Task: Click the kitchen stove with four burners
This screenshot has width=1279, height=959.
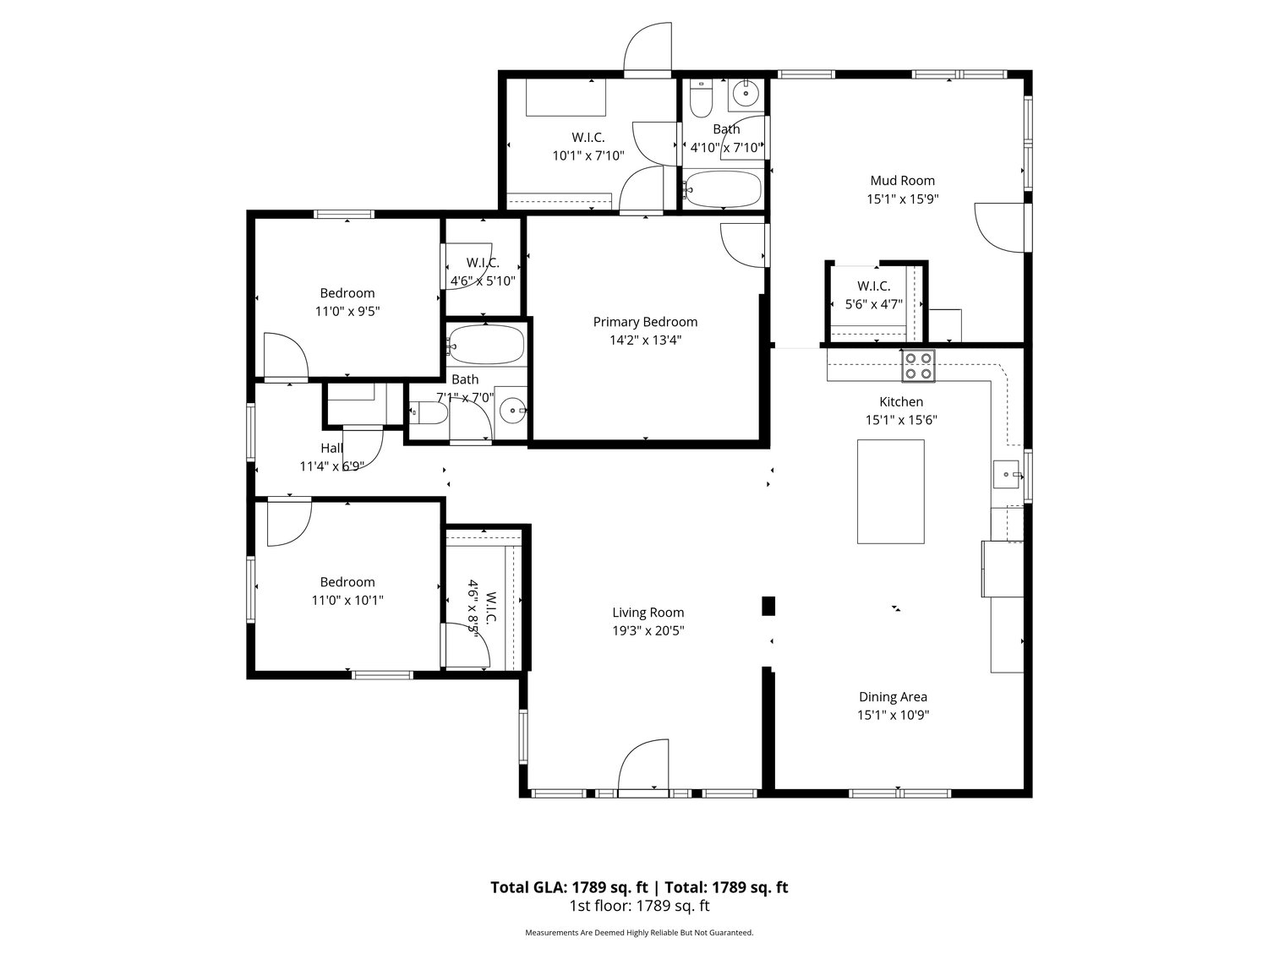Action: click(918, 365)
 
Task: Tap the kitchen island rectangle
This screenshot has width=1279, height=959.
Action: click(890, 491)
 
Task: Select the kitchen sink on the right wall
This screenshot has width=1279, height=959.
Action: click(1006, 475)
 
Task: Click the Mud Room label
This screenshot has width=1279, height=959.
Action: click(902, 180)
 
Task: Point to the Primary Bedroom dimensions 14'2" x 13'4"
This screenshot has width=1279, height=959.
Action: click(644, 341)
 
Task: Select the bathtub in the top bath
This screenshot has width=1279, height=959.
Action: click(723, 189)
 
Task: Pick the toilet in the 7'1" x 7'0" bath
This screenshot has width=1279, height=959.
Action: click(429, 413)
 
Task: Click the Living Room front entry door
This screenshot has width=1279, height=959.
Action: click(644, 767)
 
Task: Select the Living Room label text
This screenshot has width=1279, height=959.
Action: click(648, 613)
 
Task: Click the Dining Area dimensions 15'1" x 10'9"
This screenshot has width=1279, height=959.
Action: click(893, 715)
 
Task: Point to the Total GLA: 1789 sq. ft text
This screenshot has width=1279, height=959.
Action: click(569, 887)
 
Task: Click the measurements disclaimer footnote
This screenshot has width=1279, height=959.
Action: click(639, 933)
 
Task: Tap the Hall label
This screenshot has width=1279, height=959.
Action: click(331, 448)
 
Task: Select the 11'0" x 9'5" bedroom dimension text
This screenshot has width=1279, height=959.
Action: click(347, 311)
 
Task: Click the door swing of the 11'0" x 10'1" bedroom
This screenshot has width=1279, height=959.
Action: click(287, 524)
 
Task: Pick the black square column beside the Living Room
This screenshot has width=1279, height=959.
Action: click(768, 605)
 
